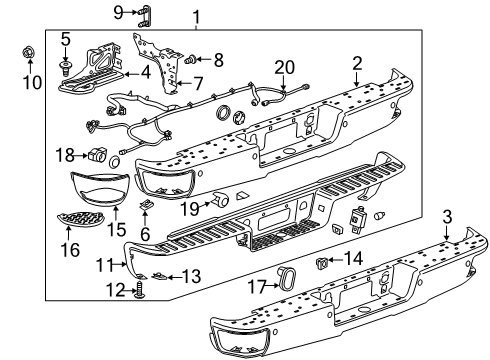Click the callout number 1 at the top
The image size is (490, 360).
tap(196, 16)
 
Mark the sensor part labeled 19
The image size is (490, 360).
tap(220, 203)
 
